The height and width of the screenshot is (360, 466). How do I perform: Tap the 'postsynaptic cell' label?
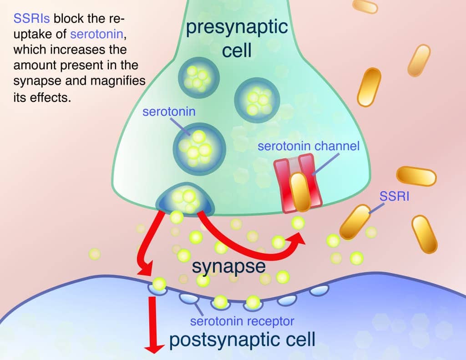click(x=242, y=339)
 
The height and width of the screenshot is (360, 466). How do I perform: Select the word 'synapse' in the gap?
click(x=228, y=266)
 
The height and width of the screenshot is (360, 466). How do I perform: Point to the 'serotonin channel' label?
click(x=309, y=147)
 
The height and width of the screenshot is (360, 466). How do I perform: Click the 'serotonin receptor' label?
click(x=242, y=321)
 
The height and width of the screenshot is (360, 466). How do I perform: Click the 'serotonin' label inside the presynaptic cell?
click(x=169, y=112)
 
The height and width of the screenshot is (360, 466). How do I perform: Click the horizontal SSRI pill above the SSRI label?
click(x=416, y=176)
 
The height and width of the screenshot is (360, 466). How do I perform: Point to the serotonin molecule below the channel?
click(x=298, y=223)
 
